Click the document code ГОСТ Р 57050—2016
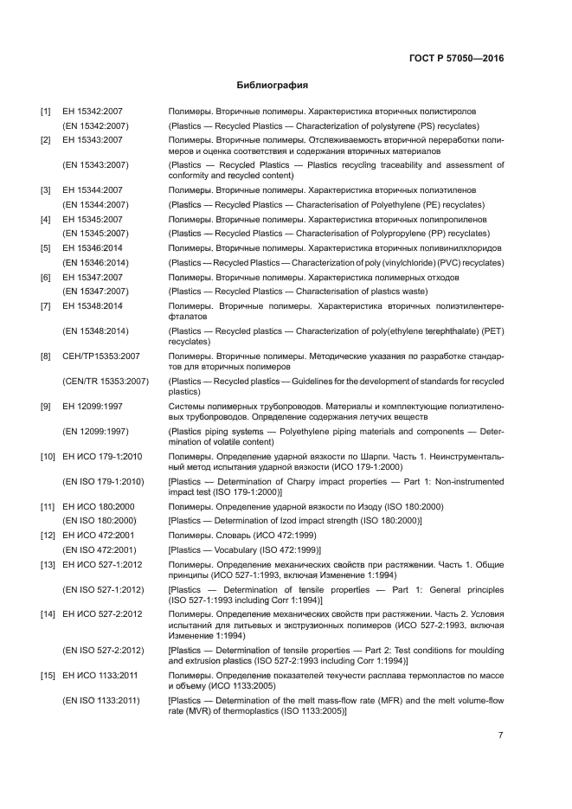(x=456, y=59)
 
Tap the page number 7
(x=501, y=735)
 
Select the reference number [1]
(x=45, y=112)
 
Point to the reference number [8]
(x=45, y=356)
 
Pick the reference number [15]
(x=48, y=673)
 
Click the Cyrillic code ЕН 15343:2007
(x=93, y=139)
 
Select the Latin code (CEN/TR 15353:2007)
(x=106, y=381)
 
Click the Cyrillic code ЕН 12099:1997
(x=93, y=406)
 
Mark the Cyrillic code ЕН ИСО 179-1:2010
(x=102, y=456)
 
